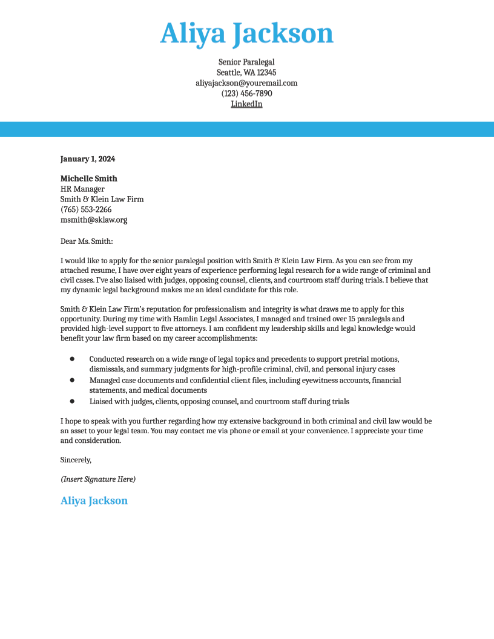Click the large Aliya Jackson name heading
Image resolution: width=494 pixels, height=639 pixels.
tap(246, 34)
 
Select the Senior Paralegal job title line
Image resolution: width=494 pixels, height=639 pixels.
tap(246, 62)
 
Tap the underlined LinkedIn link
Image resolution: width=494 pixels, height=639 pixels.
tap(246, 104)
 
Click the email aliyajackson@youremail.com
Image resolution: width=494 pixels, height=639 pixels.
tap(246, 83)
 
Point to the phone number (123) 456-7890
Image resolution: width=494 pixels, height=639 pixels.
tap(246, 94)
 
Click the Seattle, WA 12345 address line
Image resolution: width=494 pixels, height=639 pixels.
tap(246, 73)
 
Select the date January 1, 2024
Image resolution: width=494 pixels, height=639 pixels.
tap(88, 159)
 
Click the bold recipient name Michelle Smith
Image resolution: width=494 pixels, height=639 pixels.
tap(89, 179)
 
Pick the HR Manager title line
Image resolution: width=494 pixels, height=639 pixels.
tap(82, 189)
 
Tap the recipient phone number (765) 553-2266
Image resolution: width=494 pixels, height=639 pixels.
tap(86, 209)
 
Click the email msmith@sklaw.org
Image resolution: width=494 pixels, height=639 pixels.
tap(94, 220)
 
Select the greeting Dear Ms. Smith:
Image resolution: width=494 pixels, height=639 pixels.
tap(87, 241)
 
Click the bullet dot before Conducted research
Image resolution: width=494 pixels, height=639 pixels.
tap(72, 359)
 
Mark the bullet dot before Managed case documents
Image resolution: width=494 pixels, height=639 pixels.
tap(72, 380)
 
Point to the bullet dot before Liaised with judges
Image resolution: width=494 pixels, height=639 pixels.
tap(72, 401)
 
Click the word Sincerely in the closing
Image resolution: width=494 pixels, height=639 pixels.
tap(76, 460)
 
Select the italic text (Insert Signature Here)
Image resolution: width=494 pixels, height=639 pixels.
tap(98, 479)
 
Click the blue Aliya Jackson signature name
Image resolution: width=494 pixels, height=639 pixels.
tap(94, 500)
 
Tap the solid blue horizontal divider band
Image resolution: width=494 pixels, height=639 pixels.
tap(247, 129)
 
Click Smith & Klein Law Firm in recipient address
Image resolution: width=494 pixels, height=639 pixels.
tap(102, 199)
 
